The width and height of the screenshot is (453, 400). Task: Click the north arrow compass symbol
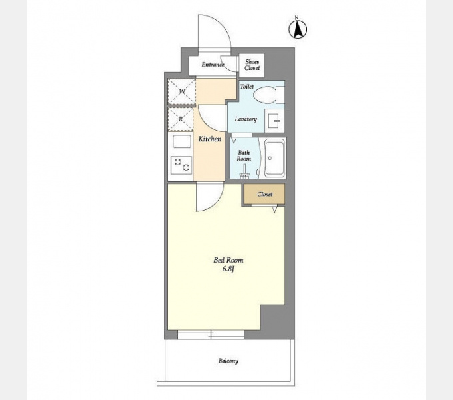pyautogui.click(x=298, y=28)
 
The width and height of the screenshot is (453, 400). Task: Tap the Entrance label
pyautogui.click(x=213, y=65)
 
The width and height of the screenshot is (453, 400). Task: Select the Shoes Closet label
pyautogui.click(x=252, y=65)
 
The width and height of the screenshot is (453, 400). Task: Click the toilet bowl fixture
pyautogui.click(x=268, y=94)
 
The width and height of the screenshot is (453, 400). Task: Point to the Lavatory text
pyautogui.click(x=246, y=119)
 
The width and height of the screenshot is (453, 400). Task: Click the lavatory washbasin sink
pyautogui.click(x=274, y=121)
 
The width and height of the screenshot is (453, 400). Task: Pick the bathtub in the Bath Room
pyautogui.click(x=274, y=158)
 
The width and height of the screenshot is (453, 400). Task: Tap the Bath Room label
pyautogui.click(x=244, y=155)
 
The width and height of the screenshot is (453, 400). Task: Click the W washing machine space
pyautogui.click(x=182, y=92)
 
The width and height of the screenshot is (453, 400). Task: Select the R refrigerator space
pyautogui.click(x=181, y=119)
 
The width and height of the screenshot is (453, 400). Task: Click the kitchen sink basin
pyautogui.click(x=182, y=142)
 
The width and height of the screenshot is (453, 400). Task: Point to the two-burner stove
pyautogui.click(x=181, y=165)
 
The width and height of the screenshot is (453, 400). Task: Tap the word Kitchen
pyautogui.click(x=210, y=139)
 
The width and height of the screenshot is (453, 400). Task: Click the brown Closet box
pyautogui.click(x=264, y=194)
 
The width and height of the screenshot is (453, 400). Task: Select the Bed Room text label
pyautogui.click(x=228, y=260)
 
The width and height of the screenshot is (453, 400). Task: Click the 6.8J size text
pyautogui.click(x=228, y=269)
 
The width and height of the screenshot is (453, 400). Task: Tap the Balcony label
pyautogui.click(x=228, y=361)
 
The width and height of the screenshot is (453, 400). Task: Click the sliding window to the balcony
pyautogui.click(x=211, y=335)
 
